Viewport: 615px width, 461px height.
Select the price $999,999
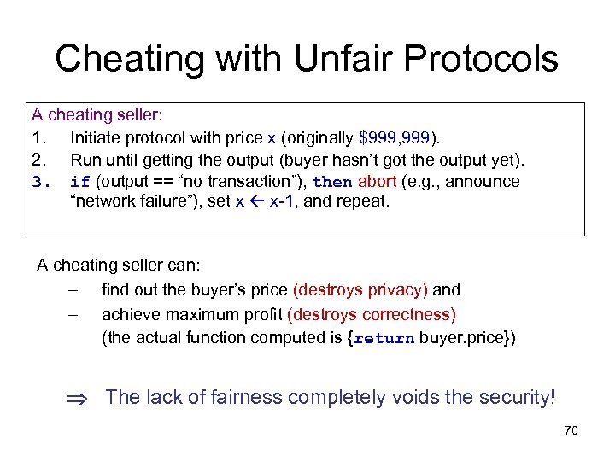pos(395,137)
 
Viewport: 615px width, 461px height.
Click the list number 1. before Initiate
pos(38,137)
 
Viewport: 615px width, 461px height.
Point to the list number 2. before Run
pos(38,159)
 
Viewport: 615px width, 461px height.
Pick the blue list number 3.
pos(38,182)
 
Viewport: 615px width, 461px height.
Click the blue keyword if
pos(80,182)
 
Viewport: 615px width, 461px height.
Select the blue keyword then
pos(332,182)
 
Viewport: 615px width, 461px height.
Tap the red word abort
pos(378,181)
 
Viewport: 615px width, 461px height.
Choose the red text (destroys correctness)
pos(372,313)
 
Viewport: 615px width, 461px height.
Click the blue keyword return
pos(384,338)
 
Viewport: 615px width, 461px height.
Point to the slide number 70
pos(571,430)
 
